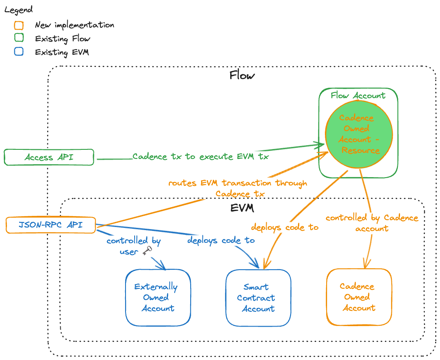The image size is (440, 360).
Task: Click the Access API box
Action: [49, 157]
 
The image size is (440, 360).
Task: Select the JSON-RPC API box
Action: [50, 225]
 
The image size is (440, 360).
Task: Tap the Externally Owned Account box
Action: [158, 297]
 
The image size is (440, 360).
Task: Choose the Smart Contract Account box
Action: [258, 298]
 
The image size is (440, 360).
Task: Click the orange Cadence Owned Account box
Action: [359, 297]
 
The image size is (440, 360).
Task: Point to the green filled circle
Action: [359, 134]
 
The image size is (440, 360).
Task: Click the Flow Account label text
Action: [358, 96]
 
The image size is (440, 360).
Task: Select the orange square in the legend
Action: [19, 25]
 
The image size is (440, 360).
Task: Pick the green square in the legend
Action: [19, 38]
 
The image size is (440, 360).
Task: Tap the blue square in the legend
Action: [19, 52]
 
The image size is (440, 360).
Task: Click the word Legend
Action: [18, 10]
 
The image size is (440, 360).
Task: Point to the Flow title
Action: [242, 76]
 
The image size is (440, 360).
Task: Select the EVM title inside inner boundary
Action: [242, 208]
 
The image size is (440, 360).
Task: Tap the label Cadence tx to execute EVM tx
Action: [200, 157]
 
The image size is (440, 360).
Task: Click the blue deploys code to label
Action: [221, 240]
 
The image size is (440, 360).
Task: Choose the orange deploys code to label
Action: [285, 227]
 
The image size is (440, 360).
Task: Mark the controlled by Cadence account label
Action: [372, 223]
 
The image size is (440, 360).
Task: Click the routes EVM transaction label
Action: [238, 188]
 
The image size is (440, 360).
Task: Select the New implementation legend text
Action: [74, 25]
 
